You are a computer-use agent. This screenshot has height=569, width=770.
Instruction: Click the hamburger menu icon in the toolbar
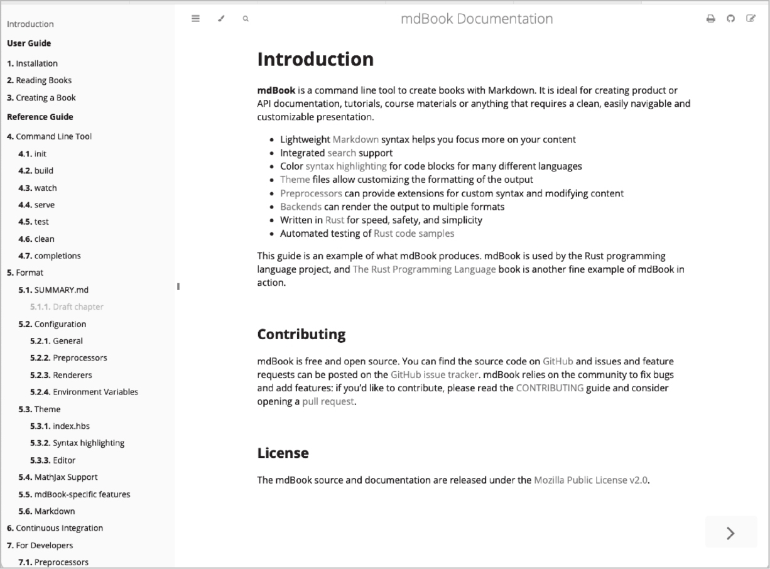195,19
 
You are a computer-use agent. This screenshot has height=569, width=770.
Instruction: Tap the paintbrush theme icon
220,19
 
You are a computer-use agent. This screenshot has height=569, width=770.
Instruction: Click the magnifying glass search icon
246,19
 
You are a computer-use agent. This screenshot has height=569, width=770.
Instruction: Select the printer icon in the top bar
710,19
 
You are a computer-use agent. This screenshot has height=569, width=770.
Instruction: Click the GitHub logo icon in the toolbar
730,19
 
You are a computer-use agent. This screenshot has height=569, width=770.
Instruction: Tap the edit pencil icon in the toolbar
751,19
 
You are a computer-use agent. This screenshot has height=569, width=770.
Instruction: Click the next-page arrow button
730,533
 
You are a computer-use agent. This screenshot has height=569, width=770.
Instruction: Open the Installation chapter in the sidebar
36,63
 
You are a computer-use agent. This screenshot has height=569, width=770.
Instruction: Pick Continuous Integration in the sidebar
59,528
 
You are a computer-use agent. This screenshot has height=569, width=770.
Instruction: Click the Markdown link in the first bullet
355,139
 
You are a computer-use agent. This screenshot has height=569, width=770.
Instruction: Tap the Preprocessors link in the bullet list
311,193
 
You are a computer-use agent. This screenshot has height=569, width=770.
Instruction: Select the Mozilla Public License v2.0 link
590,480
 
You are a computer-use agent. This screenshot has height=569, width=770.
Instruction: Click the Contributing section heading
301,334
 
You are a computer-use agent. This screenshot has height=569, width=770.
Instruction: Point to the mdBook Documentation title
477,19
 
